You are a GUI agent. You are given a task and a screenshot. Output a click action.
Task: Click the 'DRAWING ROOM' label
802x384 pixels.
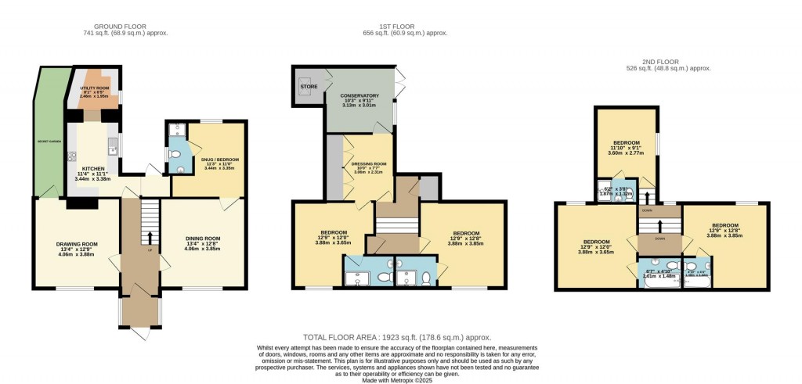pyautogui.click(x=76, y=244)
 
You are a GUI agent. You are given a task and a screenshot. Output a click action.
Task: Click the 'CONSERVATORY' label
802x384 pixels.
pyautogui.click(x=360, y=96)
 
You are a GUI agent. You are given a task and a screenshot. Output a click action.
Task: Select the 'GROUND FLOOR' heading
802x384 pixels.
pyautogui.click(x=125, y=27)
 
